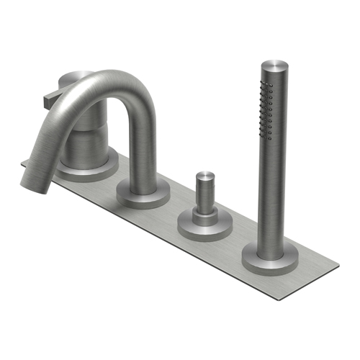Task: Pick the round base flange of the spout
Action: (x=143, y=193)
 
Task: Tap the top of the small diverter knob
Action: (x=204, y=176)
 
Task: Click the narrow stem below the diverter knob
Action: (x=203, y=205)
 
